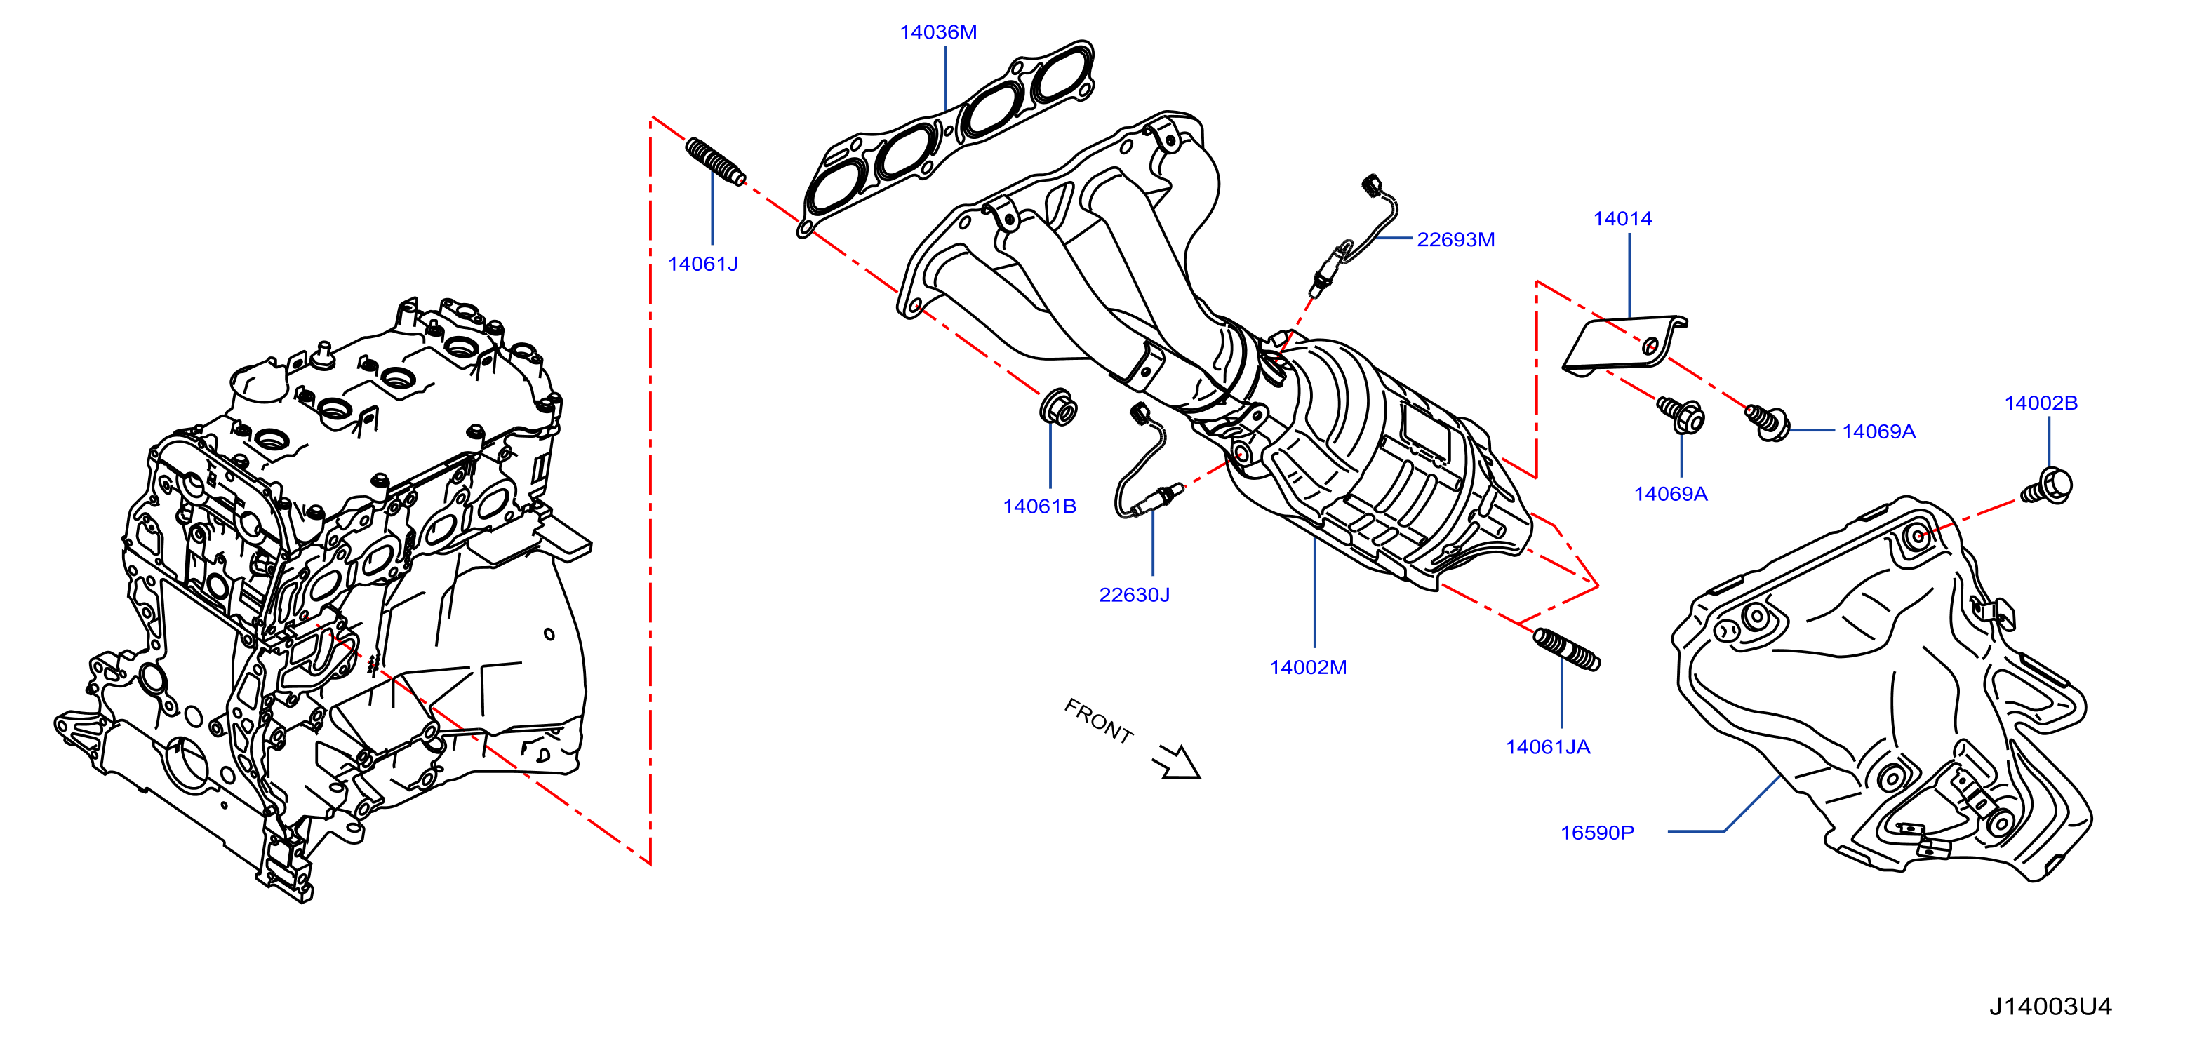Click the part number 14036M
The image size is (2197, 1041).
click(938, 32)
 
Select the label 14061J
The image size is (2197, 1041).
click(703, 264)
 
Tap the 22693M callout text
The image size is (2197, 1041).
click(1456, 240)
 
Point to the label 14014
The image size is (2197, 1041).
click(1622, 218)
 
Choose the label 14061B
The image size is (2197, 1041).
click(1040, 506)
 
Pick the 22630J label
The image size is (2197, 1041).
click(1135, 594)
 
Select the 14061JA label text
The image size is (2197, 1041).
click(1548, 747)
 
